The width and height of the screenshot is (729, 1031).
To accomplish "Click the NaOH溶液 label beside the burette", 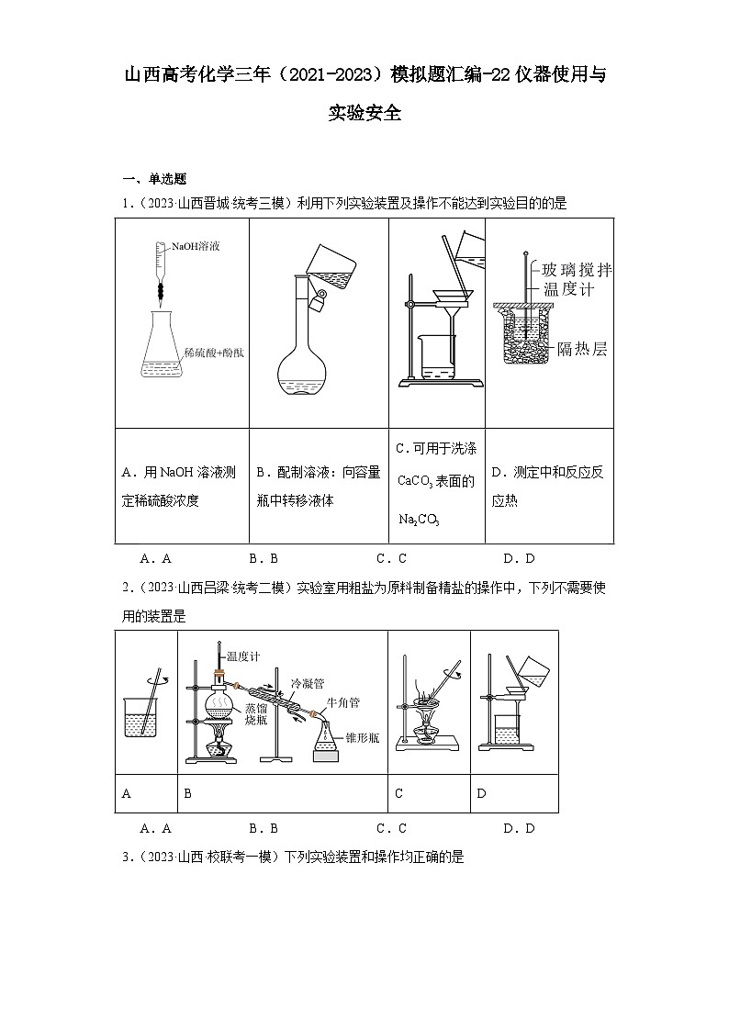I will click(190, 247).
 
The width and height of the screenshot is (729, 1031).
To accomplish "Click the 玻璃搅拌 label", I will click(577, 270).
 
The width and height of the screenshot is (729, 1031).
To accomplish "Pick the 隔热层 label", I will click(582, 349).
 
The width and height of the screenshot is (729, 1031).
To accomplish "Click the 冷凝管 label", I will click(306, 683).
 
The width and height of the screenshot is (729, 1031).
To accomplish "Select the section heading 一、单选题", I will click(154, 179).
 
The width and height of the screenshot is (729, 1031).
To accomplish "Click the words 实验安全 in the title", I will click(364, 114).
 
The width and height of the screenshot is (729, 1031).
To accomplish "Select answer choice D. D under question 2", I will click(519, 828).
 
